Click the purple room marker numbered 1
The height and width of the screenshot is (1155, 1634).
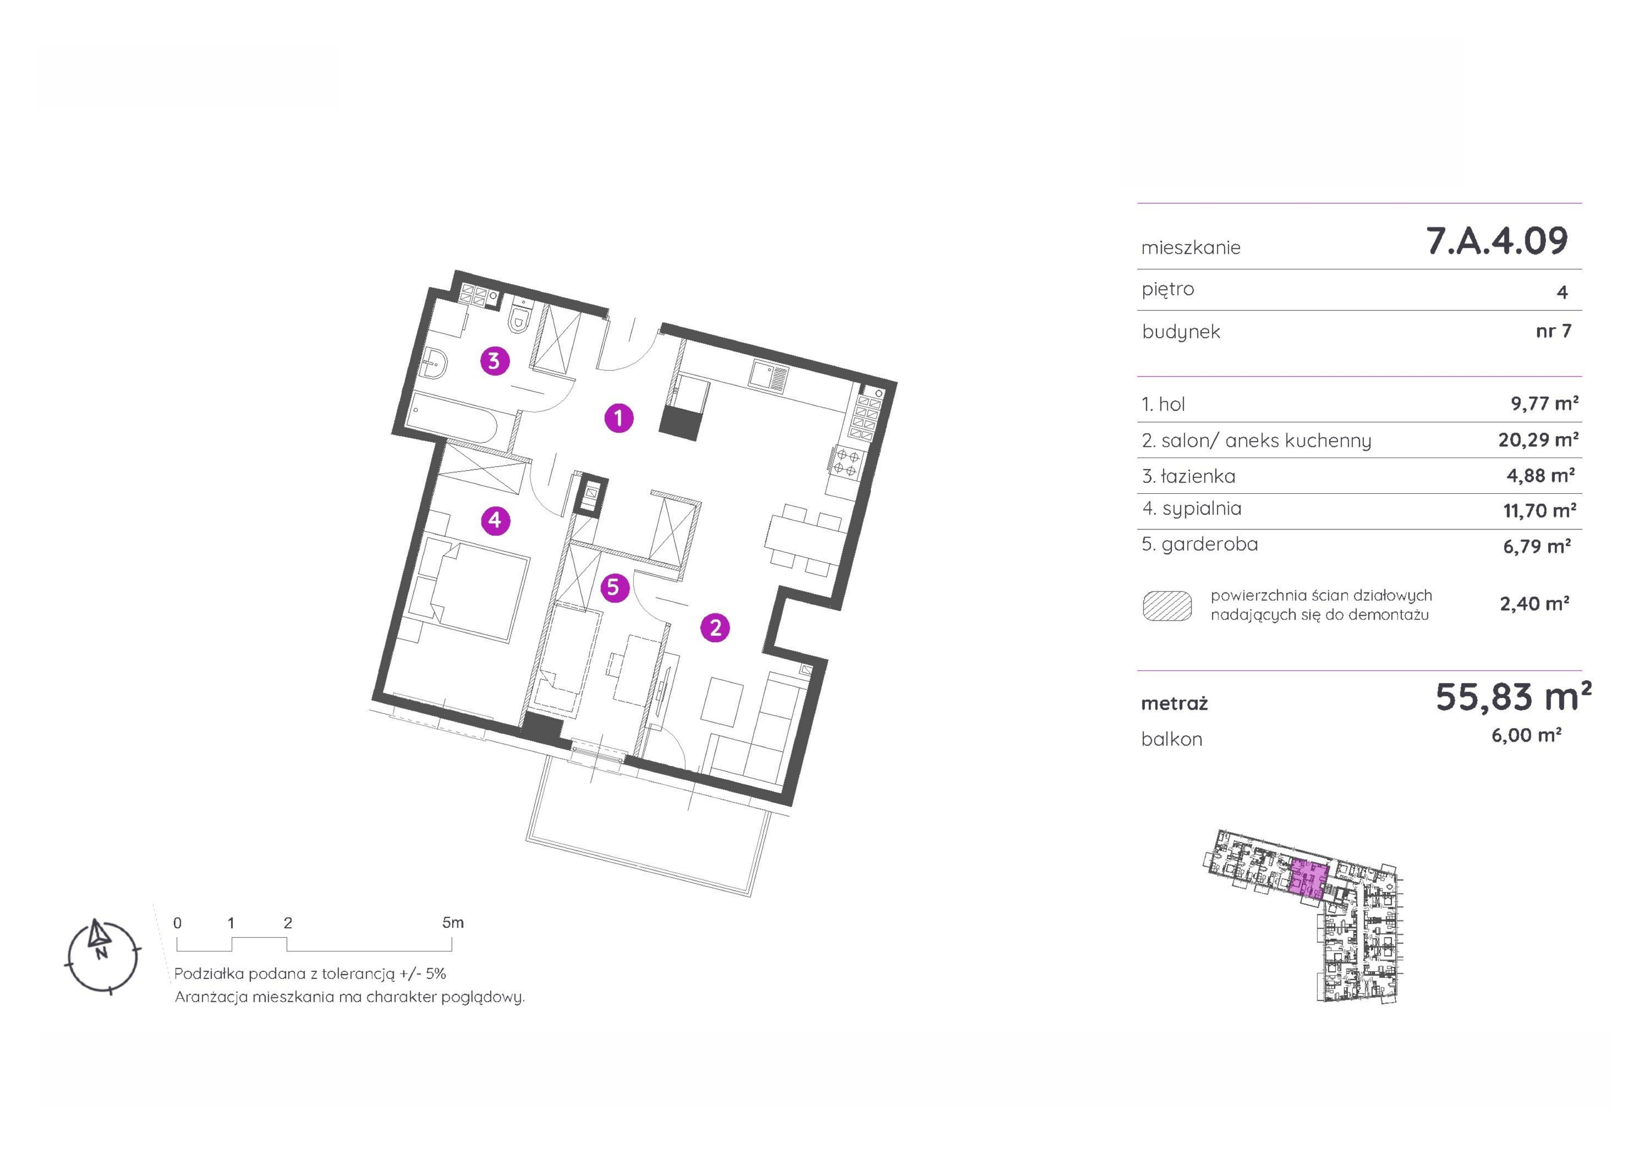click(x=618, y=418)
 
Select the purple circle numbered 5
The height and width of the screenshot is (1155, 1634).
click(x=614, y=588)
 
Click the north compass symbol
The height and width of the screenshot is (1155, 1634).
click(x=102, y=956)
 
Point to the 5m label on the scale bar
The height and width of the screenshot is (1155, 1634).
click(x=453, y=923)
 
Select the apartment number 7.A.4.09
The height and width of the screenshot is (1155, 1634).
click(x=1497, y=241)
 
